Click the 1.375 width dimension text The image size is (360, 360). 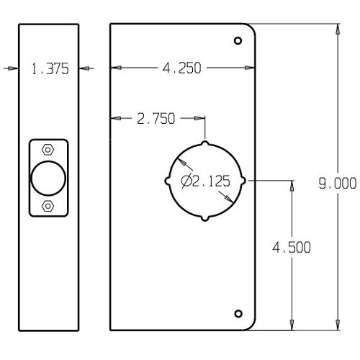click(49, 68)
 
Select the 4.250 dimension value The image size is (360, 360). click(181, 68)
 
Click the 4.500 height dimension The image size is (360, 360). click(292, 247)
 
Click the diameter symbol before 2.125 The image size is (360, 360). click(186, 181)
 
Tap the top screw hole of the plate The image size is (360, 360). click(238, 41)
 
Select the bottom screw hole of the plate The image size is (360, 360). click(238, 313)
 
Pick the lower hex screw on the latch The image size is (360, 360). click(48, 206)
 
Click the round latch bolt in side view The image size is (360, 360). click(48, 178)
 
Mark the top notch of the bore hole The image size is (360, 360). click(205, 142)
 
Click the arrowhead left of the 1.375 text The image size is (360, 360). click(10, 68)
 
